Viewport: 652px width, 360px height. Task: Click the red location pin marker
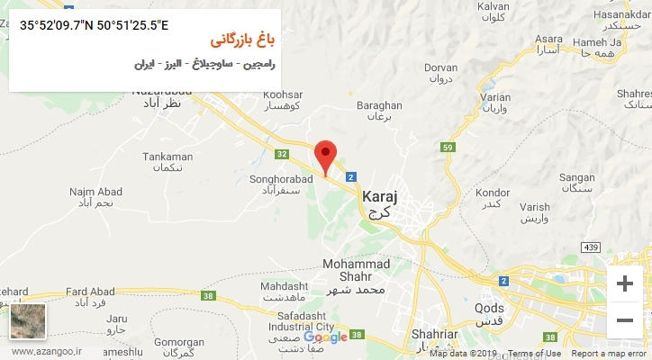326,154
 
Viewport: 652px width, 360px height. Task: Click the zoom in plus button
623,283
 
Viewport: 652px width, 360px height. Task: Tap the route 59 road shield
448,147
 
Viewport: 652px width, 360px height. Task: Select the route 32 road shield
282,154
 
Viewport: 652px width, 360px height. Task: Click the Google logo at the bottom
325,337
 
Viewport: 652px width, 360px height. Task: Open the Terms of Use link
533,354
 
